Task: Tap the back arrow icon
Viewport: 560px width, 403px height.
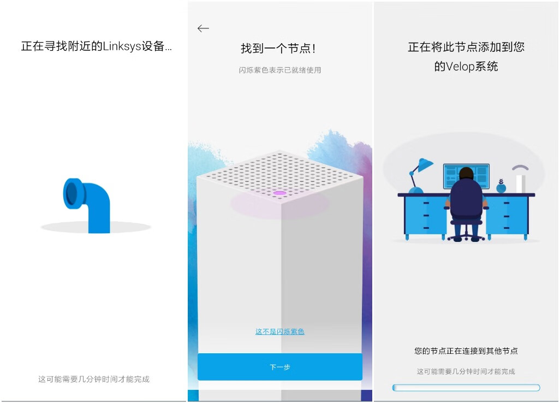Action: [x=203, y=28]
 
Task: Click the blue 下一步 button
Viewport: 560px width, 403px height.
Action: [x=279, y=367]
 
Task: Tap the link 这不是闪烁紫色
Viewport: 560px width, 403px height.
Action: [x=279, y=331]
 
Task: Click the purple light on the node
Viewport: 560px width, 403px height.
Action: [x=279, y=193]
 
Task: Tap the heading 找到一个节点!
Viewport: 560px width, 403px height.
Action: [x=278, y=48]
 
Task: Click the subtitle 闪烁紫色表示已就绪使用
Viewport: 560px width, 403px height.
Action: [x=279, y=70]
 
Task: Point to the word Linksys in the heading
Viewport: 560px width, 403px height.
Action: [x=122, y=46]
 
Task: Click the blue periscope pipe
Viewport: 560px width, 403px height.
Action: [x=87, y=205]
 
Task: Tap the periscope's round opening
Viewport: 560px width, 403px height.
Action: [x=72, y=194]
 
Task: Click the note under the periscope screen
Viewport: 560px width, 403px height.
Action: [x=93, y=379]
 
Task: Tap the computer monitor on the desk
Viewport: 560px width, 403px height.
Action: [x=466, y=176]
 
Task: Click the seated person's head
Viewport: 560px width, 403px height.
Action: [x=466, y=174]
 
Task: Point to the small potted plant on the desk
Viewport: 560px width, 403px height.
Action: [x=501, y=186]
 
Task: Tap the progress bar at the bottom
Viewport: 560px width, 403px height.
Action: [x=466, y=388]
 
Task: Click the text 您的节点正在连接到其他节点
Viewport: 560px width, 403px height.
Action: [x=466, y=351]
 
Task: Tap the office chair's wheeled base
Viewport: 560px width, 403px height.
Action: [x=466, y=236]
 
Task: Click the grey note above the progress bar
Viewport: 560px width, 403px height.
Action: [x=466, y=371]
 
